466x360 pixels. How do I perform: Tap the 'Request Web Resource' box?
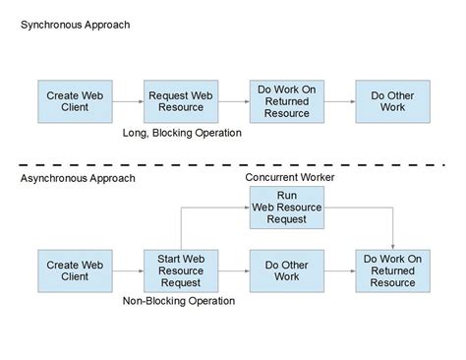181,102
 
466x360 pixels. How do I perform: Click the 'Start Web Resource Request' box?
181,270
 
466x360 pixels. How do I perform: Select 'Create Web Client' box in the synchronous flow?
75,102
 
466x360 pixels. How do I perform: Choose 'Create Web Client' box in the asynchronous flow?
75,270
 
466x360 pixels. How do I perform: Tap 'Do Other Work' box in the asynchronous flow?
286,270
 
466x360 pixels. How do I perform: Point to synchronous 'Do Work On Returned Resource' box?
286,102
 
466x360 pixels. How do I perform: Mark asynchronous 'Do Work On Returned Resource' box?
392,270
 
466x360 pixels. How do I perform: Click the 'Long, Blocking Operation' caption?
181,132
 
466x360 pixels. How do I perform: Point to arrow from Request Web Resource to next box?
233,102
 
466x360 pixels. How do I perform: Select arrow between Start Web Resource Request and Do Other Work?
233,270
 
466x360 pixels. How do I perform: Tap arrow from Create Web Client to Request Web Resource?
127,102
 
